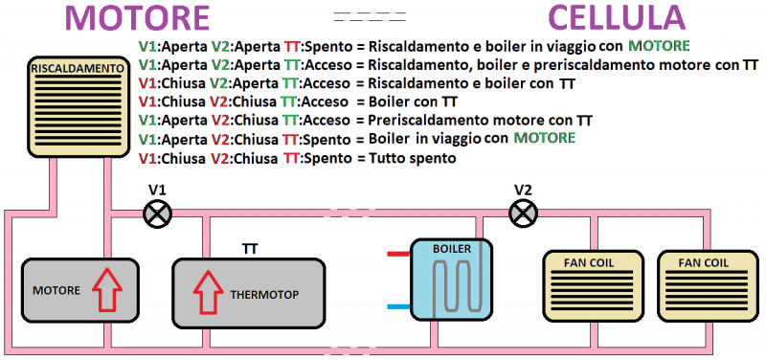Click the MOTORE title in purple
(140, 18)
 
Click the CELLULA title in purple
(617, 18)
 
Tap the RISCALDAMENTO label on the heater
(77, 69)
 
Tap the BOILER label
(452, 249)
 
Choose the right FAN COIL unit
(703, 285)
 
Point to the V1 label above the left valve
(156, 190)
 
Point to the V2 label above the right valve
(522, 190)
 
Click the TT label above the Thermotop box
(249, 250)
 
